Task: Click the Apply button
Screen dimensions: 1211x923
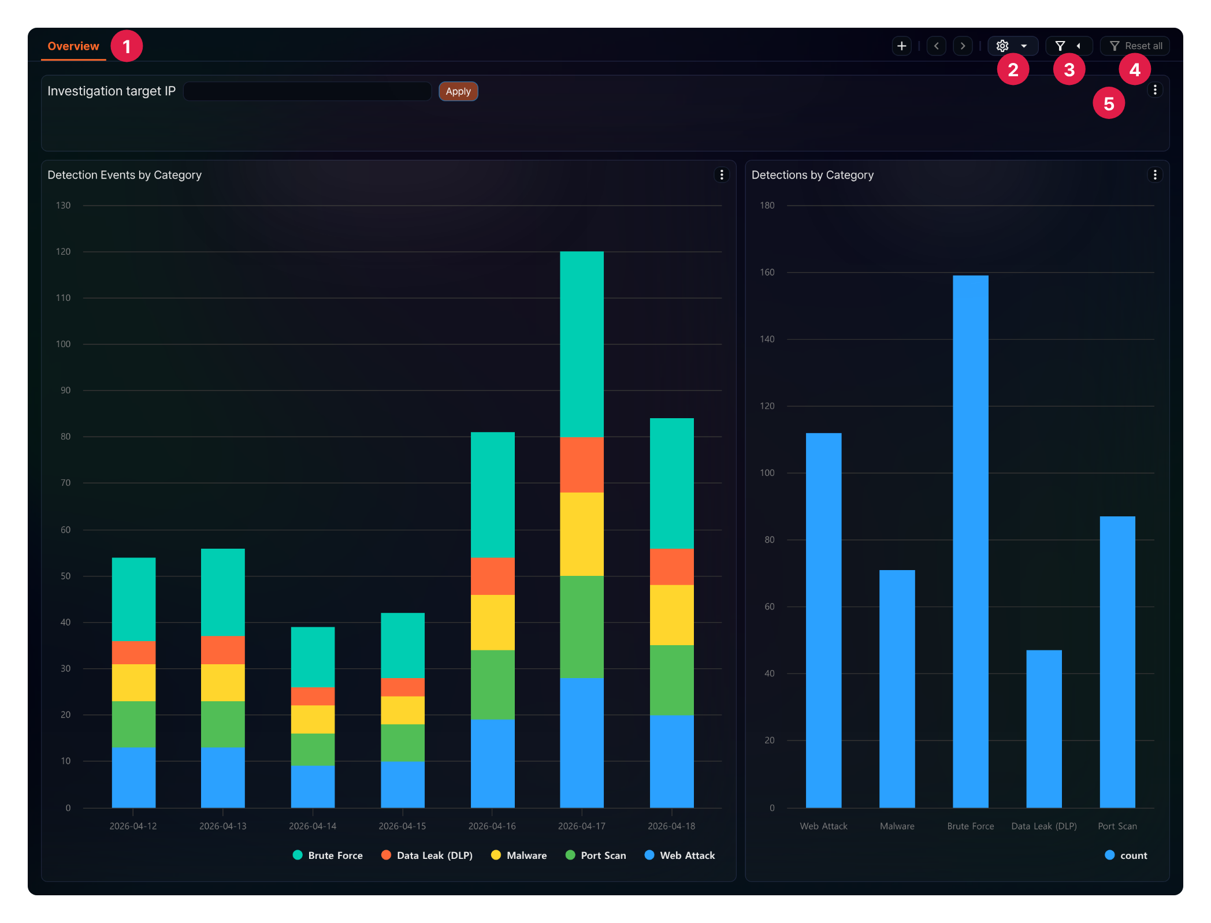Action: (x=458, y=91)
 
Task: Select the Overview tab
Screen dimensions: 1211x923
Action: (x=73, y=46)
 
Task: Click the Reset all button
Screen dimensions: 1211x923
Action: (x=1135, y=46)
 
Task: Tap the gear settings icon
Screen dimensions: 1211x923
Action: (x=1002, y=46)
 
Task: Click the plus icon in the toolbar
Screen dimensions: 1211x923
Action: (x=901, y=46)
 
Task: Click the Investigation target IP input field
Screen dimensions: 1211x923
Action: (x=307, y=91)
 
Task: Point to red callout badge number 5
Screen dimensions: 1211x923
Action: (x=1109, y=103)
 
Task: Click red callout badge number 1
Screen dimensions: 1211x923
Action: (x=127, y=46)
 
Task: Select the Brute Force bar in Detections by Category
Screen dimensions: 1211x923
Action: (x=970, y=541)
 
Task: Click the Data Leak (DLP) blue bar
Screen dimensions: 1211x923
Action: (x=1043, y=728)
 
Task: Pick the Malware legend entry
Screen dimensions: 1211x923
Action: (x=519, y=855)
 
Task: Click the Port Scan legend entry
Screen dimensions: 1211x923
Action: (x=596, y=855)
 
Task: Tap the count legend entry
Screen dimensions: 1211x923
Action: (x=1126, y=855)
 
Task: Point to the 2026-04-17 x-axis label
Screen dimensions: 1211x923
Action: (x=582, y=826)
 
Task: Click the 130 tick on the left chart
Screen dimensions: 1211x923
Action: (x=63, y=206)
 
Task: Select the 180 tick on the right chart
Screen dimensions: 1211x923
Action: (x=767, y=206)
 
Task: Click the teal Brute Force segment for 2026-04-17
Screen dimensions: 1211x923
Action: (x=582, y=344)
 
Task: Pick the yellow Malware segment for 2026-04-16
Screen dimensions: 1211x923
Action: (x=492, y=622)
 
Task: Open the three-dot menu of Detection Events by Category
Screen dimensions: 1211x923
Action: (x=722, y=174)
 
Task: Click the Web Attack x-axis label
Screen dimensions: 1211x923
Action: (x=823, y=826)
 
